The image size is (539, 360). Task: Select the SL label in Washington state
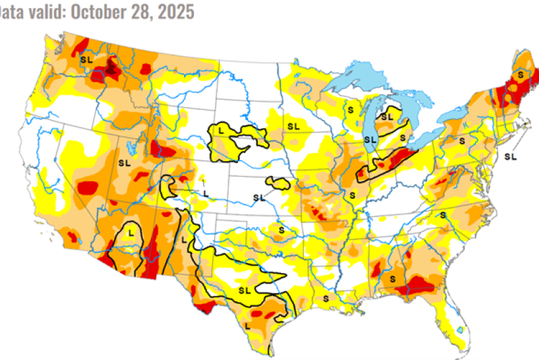click(86, 59)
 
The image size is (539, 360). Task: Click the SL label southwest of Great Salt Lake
click(124, 162)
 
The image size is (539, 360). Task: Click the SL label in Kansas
click(259, 197)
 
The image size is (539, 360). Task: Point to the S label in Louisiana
click(325, 298)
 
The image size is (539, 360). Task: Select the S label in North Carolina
click(443, 214)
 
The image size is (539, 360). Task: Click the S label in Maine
click(521, 73)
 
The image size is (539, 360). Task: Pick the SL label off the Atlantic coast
click(510, 156)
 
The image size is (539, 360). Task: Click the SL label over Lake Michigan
click(370, 140)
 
